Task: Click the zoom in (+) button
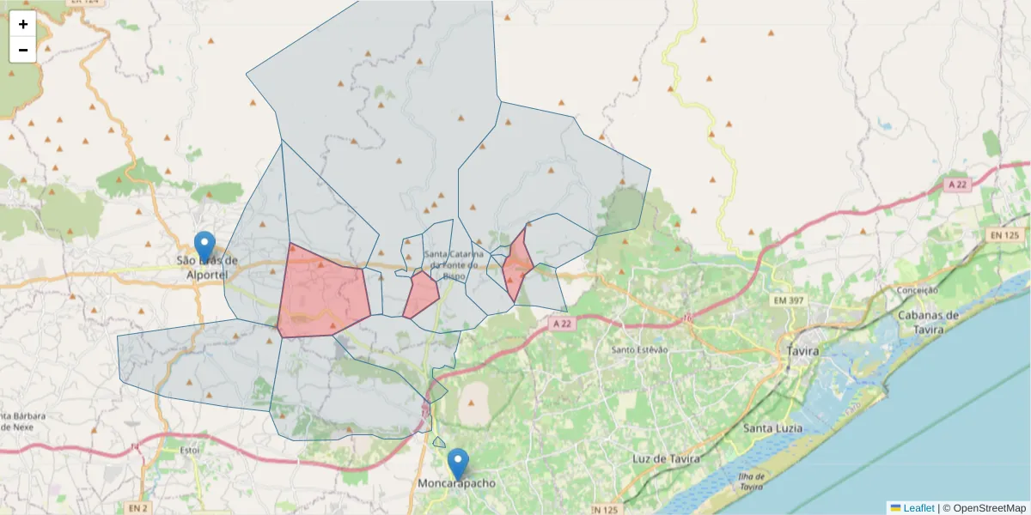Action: (x=23, y=24)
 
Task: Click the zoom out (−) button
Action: (x=23, y=50)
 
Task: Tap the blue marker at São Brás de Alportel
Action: (x=204, y=247)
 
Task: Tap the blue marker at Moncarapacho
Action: (x=459, y=463)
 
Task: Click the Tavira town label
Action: (x=802, y=351)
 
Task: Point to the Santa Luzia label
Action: (x=773, y=427)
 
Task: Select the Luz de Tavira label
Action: (x=666, y=458)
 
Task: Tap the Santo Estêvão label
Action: (x=639, y=349)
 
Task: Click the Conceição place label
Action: (x=916, y=291)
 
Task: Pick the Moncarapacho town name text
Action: (x=456, y=484)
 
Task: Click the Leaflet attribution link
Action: (x=918, y=508)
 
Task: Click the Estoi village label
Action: (x=167, y=449)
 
